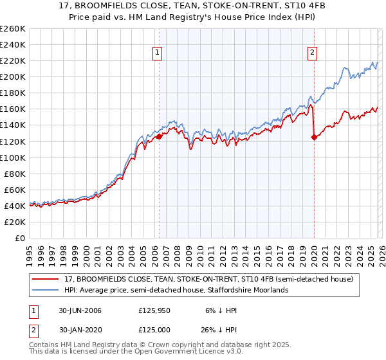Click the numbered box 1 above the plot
(158, 53)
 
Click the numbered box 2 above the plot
(312, 53)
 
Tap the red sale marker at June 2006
(159, 136)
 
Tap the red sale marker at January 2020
(314, 137)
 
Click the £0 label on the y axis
(19, 238)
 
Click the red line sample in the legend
(46, 280)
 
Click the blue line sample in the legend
(46, 291)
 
